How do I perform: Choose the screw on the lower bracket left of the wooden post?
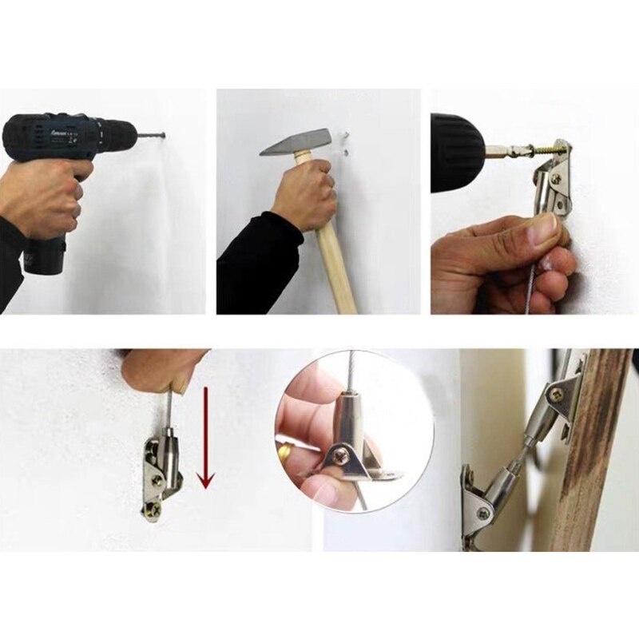pos(484,512)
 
